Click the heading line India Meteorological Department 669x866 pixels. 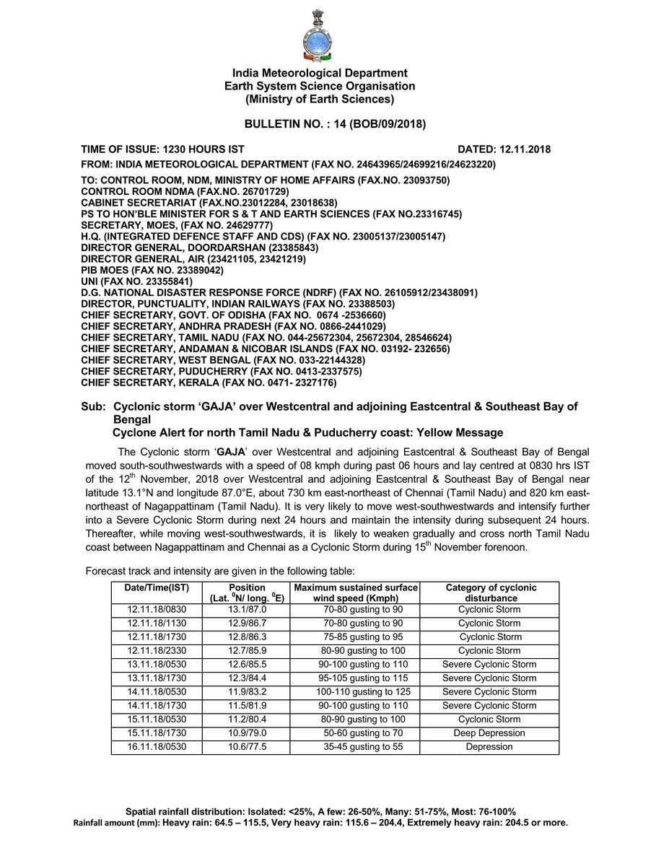pyautogui.click(x=320, y=73)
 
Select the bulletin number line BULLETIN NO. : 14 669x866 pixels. pyautogui.click(x=335, y=124)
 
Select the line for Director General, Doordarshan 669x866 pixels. pyautogui.click(x=200, y=247)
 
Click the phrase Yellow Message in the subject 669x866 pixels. pyautogui.click(x=460, y=432)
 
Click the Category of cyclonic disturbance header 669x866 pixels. pyautogui.click(x=490, y=592)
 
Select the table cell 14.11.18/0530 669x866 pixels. pyautogui.click(x=157, y=691)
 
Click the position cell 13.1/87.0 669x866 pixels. pyautogui.click(x=246, y=609)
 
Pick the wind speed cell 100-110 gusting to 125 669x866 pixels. pyautogui.click(x=354, y=691)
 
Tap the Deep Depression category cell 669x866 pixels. pyautogui.click(x=489, y=732)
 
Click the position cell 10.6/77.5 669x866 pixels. pyautogui.click(x=246, y=746)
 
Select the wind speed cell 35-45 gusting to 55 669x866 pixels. pyautogui.click(x=354, y=746)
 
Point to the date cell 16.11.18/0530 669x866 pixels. pyautogui.click(x=157, y=746)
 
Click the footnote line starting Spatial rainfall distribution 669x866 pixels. pyautogui.click(x=320, y=811)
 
